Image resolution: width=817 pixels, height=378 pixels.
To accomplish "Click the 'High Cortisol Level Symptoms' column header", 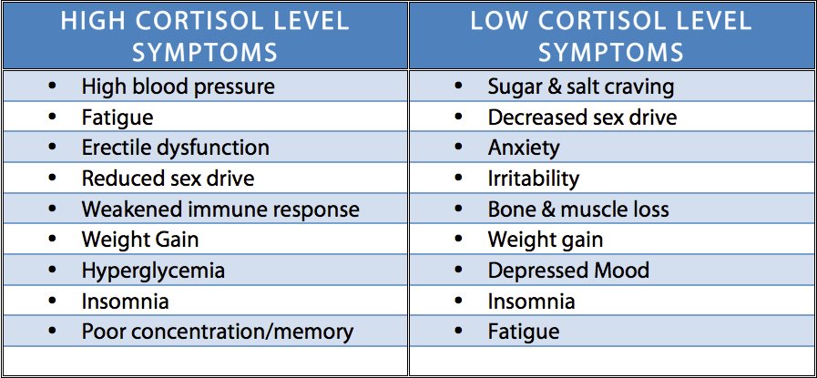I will coord(204,36).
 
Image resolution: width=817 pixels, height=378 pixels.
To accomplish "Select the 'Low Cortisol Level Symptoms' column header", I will coord(610,36).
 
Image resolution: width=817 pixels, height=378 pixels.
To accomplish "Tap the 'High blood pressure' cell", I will coord(178,87).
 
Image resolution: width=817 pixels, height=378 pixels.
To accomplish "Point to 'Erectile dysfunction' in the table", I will coord(175,148).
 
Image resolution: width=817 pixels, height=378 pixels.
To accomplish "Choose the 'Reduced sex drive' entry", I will coord(168,179).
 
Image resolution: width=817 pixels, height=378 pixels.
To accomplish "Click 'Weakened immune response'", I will coord(220,209).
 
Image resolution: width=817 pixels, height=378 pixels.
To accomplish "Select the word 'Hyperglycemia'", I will coord(152,271).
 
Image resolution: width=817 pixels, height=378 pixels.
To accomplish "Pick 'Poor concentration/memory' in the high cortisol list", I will coord(217,332).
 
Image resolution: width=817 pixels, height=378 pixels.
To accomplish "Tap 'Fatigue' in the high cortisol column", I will coord(117,117).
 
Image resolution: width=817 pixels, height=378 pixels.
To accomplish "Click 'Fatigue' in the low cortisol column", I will coord(524,332).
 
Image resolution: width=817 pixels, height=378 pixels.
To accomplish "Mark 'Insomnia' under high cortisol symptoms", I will coord(125,301).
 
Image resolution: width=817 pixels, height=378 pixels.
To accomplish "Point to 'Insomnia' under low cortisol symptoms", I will coord(531,301).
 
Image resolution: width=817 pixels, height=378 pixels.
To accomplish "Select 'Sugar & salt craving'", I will coord(581,87).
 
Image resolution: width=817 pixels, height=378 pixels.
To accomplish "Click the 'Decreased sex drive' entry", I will coord(582,117).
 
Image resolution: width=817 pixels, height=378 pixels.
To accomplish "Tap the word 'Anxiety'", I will coord(524,148).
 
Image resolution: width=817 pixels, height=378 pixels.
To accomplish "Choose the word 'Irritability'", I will coord(533,179).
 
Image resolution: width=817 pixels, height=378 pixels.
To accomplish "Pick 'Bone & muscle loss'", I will coord(578,209).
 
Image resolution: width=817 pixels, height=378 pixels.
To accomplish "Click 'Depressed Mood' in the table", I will coord(568,271).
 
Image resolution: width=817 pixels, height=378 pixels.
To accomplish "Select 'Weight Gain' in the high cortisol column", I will coord(139,240).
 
